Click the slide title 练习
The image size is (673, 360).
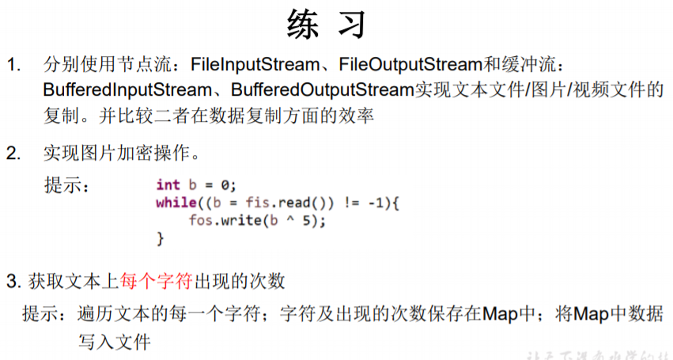pos(327,25)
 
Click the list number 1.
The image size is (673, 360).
pos(13,63)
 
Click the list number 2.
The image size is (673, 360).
pos(13,153)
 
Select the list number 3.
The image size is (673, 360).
pos(11,281)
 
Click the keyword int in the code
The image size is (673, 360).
pos(168,185)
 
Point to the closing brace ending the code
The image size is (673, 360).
pos(160,237)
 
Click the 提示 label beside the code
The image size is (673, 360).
pos(65,186)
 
